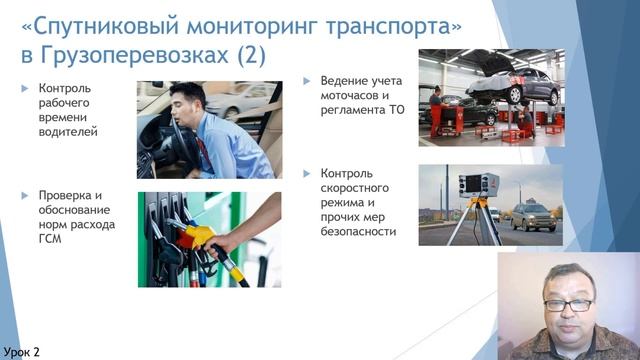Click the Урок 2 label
[22, 351]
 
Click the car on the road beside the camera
[533, 216]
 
